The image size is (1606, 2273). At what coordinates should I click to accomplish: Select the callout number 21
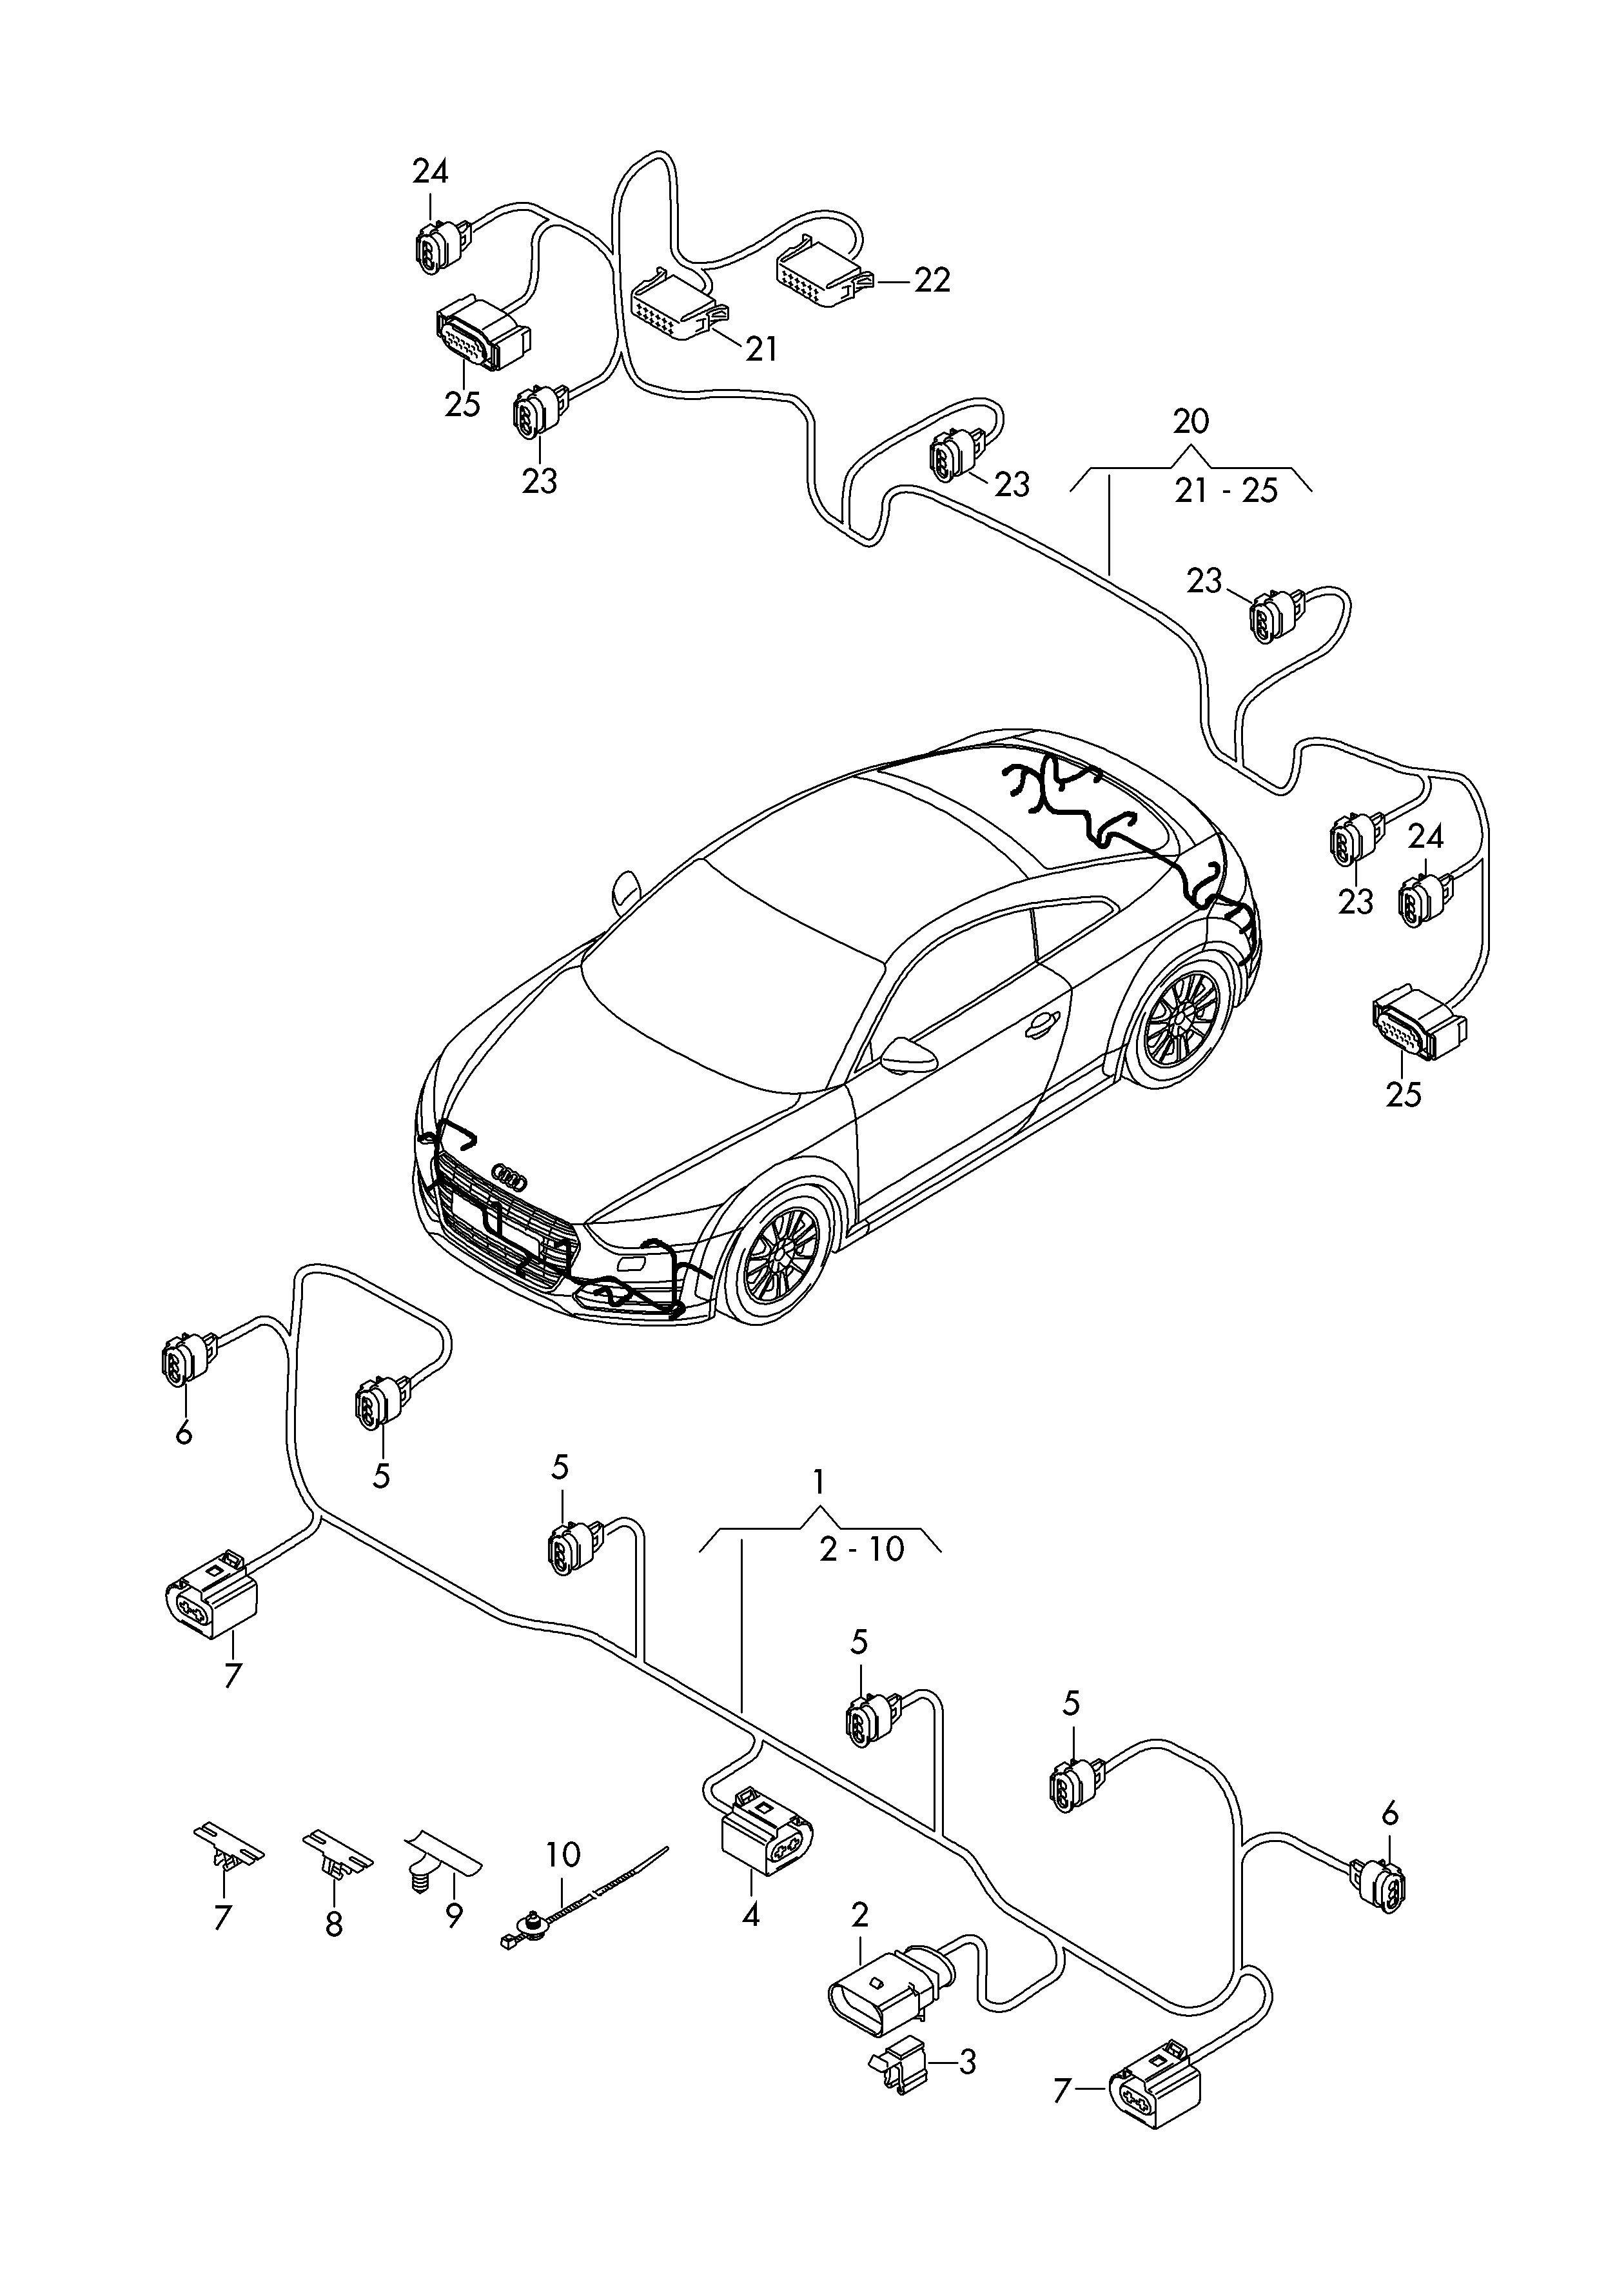click(760, 348)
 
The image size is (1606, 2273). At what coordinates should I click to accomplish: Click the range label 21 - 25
click(1226, 491)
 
